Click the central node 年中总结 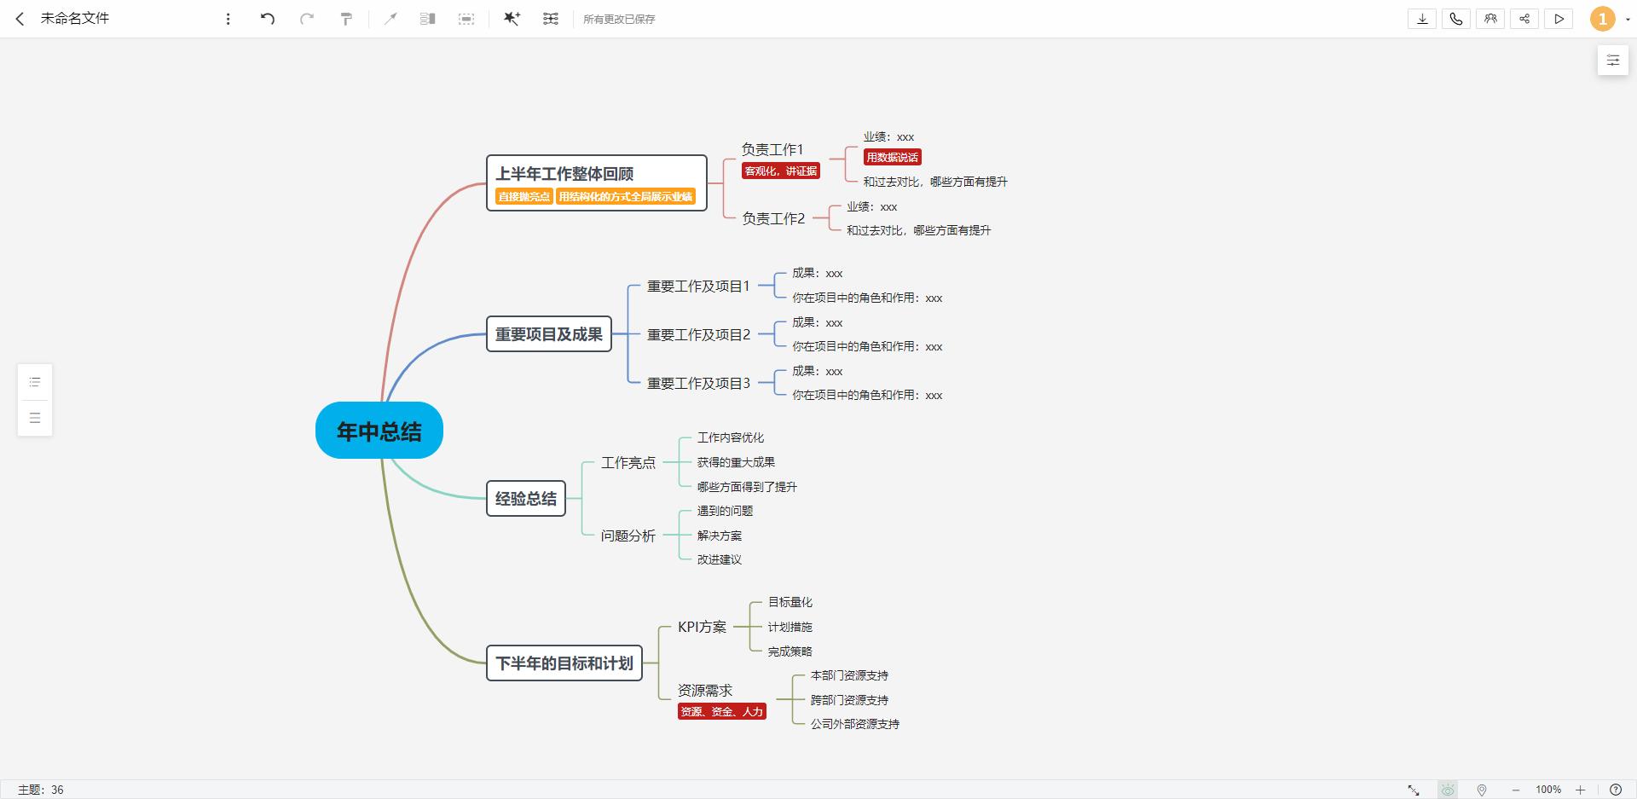[x=379, y=431]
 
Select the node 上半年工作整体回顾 [x=597, y=182]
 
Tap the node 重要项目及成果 [x=549, y=334]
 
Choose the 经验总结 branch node [x=526, y=499]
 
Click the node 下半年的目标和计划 [x=564, y=663]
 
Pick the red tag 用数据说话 [x=893, y=157]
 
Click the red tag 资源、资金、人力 [x=722, y=711]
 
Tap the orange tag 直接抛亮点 [x=524, y=197]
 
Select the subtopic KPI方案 [x=703, y=627]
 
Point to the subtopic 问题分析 [x=628, y=536]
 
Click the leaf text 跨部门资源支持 [x=849, y=700]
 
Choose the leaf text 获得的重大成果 [x=736, y=462]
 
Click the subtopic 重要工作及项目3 [x=699, y=384]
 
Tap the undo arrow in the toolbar [x=268, y=19]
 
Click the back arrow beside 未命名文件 [x=20, y=19]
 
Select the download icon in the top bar [x=1422, y=19]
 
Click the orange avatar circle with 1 [x=1603, y=19]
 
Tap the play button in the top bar [x=1559, y=19]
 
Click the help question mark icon [x=1615, y=790]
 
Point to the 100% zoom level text [x=1548, y=790]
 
